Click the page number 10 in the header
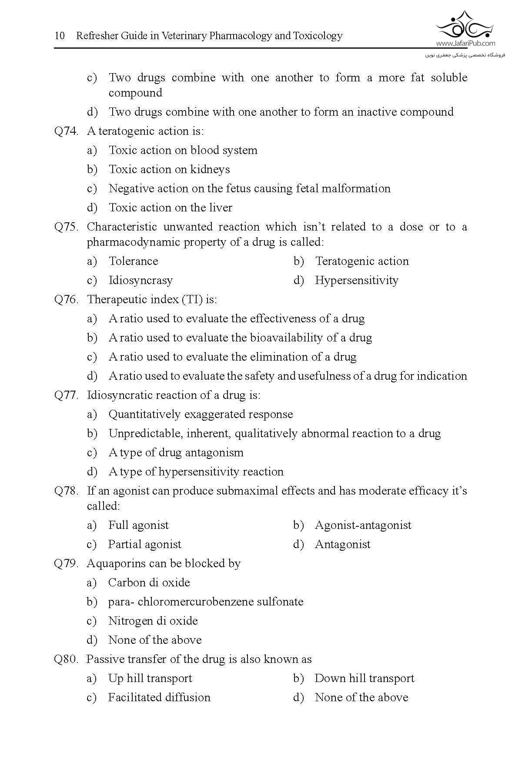click(x=60, y=36)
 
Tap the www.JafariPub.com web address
click(x=465, y=43)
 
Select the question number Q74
click(x=66, y=131)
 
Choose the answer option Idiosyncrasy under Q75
click(x=141, y=280)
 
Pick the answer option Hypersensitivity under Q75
click(x=356, y=280)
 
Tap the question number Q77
click(x=66, y=395)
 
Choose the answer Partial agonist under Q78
click(x=144, y=544)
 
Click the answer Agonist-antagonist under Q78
click(x=363, y=525)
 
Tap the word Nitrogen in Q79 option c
click(x=130, y=621)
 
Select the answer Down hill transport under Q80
click(x=364, y=678)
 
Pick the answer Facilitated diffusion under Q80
click(x=159, y=697)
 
